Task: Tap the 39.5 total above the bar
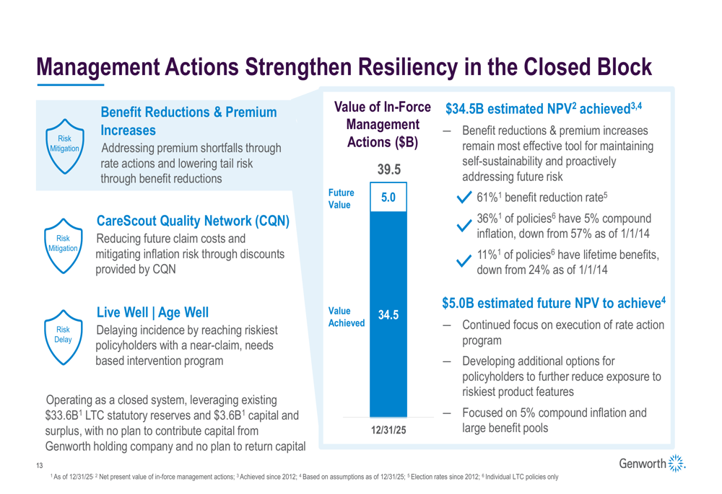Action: click(x=388, y=171)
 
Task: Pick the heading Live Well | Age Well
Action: click(x=153, y=313)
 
